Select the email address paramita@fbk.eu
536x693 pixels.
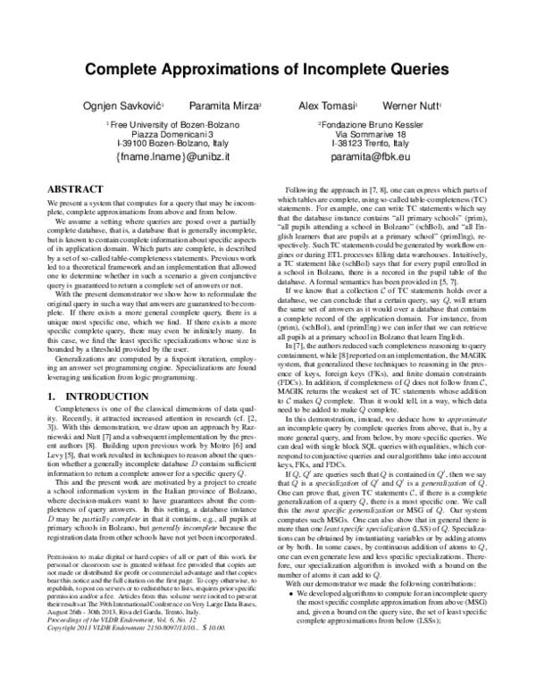pyautogui.click(x=370, y=156)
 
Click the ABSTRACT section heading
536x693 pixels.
pyautogui.click(x=71, y=190)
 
